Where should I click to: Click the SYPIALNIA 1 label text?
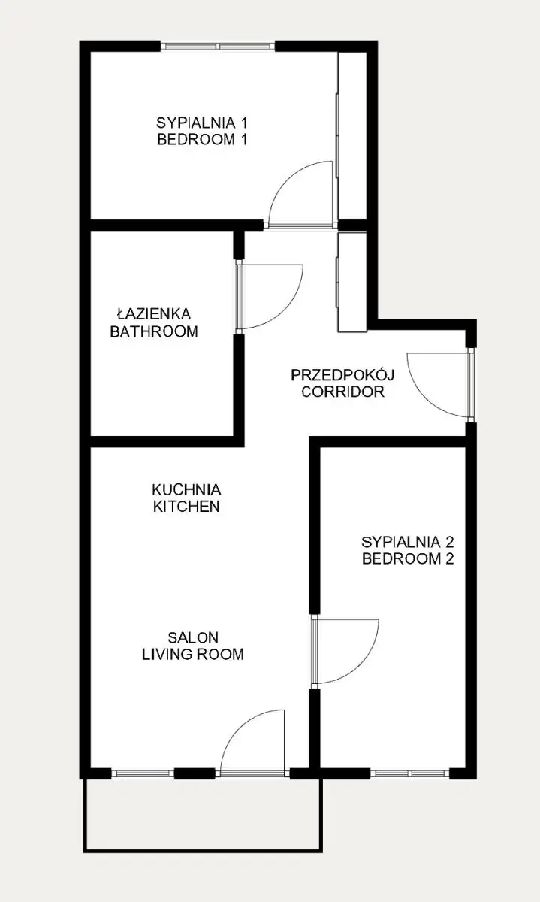point(201,122)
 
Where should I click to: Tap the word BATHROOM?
point(154,331)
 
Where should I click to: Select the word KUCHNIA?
point(187,490)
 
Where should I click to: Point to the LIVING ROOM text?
point(193,655)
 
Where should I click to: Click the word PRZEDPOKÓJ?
point(342,375)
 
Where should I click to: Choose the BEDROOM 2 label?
point(408,559)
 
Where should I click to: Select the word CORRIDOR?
point(342,392)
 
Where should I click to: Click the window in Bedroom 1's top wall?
point(218,46)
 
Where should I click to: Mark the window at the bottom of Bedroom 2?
point(409,773)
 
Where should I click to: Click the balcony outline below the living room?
point(203,851)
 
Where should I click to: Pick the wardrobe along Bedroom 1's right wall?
point(351,135)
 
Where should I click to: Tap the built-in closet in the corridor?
point(351,282)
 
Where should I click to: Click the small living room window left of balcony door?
point(143,773)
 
